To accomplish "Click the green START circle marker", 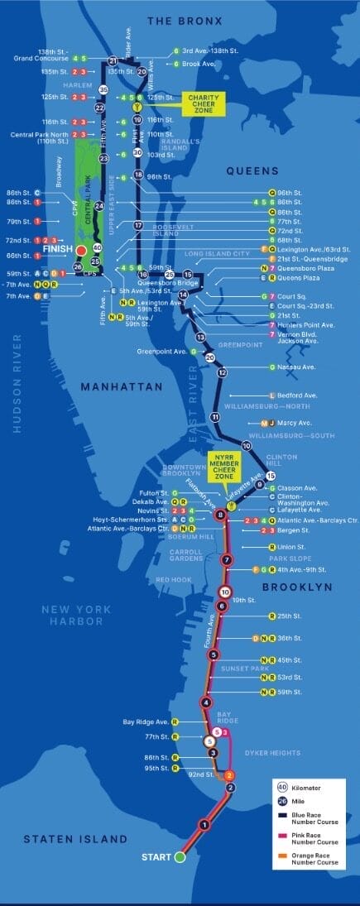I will point(180,857).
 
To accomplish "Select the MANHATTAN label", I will point(121,386).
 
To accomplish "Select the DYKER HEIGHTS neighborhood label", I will point(271,752).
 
